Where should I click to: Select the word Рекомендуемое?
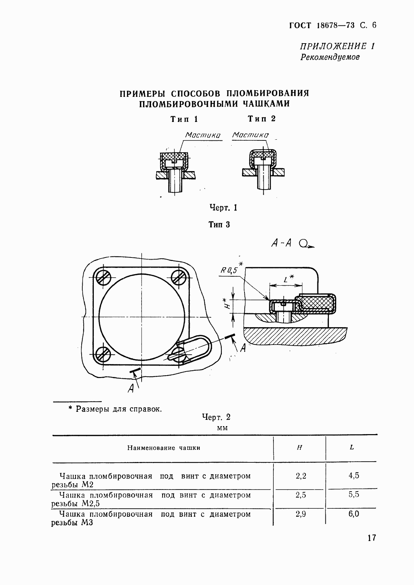click(330, 57)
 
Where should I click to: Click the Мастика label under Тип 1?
click(203, 135)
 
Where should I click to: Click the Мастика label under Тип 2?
click(250, 134)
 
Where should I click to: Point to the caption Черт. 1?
click(223, 208)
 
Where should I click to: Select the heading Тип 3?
click(219, 225)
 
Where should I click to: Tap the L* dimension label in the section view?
click(288, 279)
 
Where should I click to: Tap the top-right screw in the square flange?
click(180, 277)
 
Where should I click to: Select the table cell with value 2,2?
click(301, 476)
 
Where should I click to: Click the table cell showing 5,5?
click(354, 495)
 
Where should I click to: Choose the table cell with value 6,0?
click(354, 514)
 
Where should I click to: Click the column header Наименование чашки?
click(164, 448)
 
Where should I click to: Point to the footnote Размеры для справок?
click(119, 409)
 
